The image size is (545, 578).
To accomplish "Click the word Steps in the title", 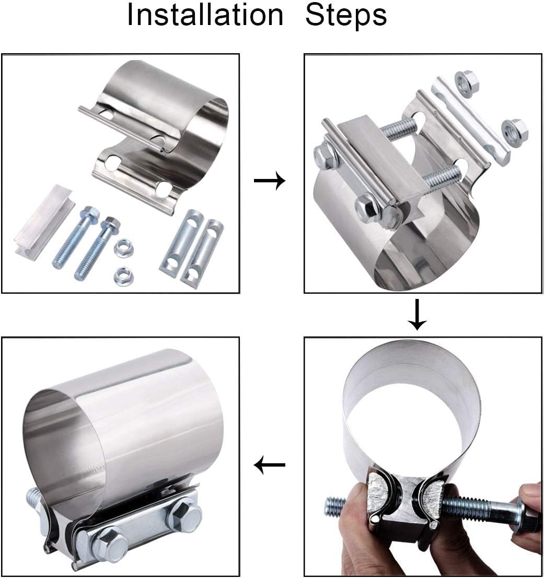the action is tap(346, 16).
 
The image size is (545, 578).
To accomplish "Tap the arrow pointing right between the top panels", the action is tap(270, 180).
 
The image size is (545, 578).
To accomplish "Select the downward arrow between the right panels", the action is tap(418, 315).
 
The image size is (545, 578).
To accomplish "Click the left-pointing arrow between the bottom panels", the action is tap(270, 465).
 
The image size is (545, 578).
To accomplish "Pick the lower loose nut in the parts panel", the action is tap(122, 275).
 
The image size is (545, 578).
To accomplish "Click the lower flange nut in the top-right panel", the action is tap(514, 131).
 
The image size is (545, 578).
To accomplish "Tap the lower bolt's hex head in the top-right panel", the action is tap(369, 207).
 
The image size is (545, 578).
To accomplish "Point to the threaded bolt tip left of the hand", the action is tap(335, 507).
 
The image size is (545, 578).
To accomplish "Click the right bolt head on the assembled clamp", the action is tap(183, 514).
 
